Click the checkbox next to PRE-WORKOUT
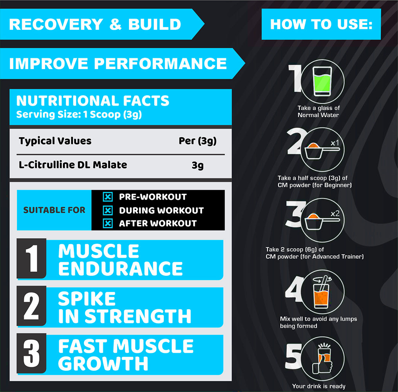[x=108, y=197]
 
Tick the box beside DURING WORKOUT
[x=108, y=211]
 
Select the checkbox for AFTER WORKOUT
[x=108, y=223]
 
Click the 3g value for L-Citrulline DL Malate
[x=197, y=165]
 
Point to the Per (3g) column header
[x=197, y=141]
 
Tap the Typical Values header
[x=55, y=141]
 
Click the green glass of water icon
[x=322, y=81]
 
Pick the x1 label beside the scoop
[x=335, y=143]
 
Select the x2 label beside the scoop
[x=335, y=214]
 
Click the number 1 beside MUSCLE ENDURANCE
[x=32, y=258]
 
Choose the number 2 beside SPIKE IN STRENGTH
[x=31, y=306]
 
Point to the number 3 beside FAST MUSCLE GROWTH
[x=31, y=353]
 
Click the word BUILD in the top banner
[x=155, y=24]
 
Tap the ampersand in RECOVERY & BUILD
[x=116, y=24]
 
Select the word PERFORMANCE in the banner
[x=161, y=64]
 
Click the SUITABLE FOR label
[x=54, y=210]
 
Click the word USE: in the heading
[x=355, y=24]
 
